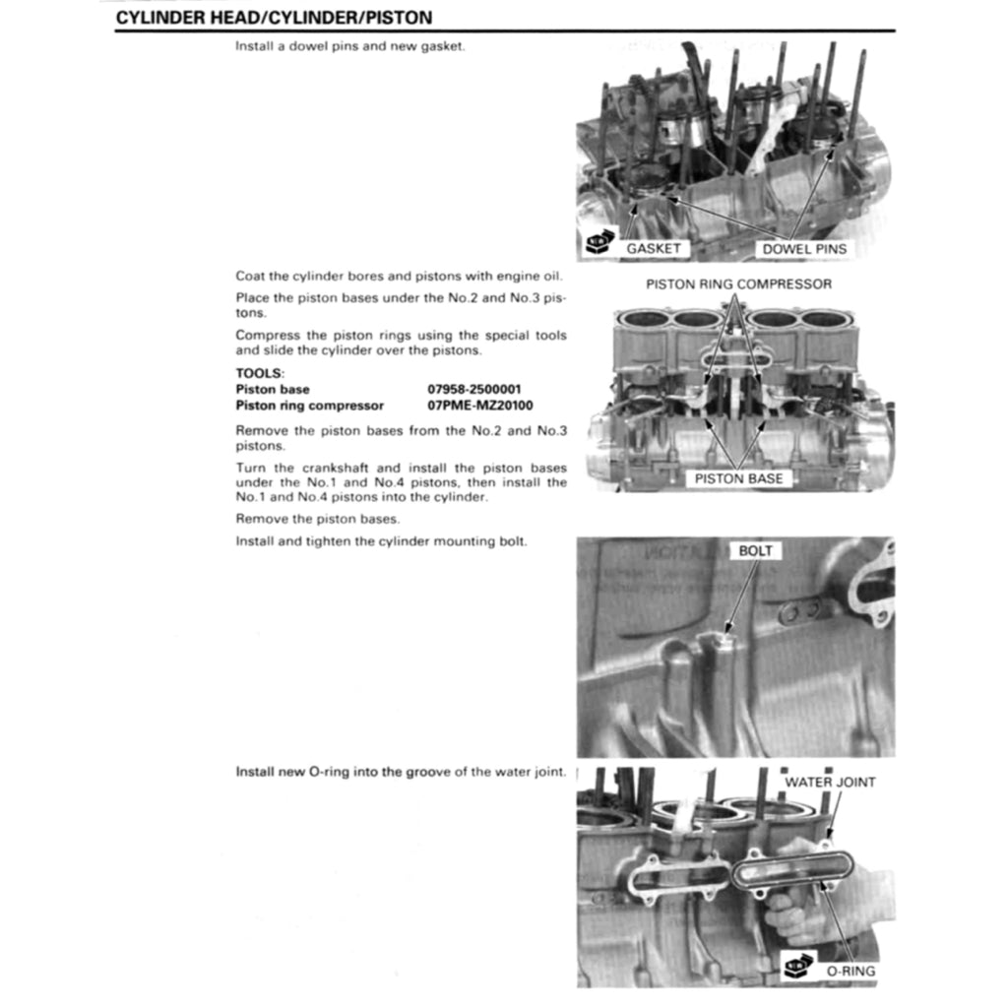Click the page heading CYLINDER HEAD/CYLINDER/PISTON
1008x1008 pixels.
tap(274, 18)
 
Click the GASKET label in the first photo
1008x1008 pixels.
tap(653, 249)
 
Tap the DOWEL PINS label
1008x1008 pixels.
tap(803, 249)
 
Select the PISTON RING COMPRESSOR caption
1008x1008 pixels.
tap(738, 284)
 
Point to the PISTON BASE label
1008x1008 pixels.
tap(738, 478)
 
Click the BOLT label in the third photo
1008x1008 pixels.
tap(755, 551)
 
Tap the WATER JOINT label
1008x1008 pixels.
tap(830, 783)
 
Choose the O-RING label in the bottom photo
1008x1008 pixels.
tap(850, 971)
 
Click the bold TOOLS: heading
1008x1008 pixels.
tap(260, 374)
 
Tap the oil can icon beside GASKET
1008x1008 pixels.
tap(598, 244)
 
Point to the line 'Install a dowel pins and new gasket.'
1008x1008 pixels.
tap(348, 47)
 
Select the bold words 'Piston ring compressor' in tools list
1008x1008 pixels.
tap(309, 406)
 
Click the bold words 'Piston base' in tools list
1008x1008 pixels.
tap(272, 390)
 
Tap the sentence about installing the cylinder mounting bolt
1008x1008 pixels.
tap(381, 542)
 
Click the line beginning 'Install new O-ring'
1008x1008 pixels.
tap(401, 772)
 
